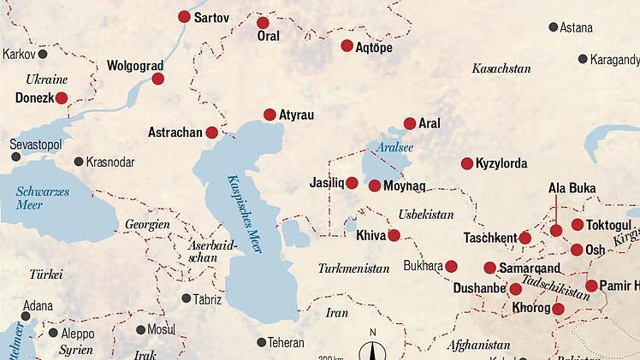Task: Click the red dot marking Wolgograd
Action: (158, 79)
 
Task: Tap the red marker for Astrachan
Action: (211, 133)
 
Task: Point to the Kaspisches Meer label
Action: (244, 213)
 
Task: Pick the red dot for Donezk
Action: (62, 98)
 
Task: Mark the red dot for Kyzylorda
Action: (467, 163)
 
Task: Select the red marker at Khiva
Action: (394, 235)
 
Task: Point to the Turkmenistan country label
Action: (353, 268)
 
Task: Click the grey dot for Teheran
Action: (262, 342)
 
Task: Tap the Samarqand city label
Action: (531, 268)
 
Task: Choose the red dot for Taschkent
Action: (525, 238)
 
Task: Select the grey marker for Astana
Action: (553, 27)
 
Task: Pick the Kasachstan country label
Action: (501, 67)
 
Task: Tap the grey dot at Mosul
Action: (141, 329)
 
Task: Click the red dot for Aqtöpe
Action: (347, 46)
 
